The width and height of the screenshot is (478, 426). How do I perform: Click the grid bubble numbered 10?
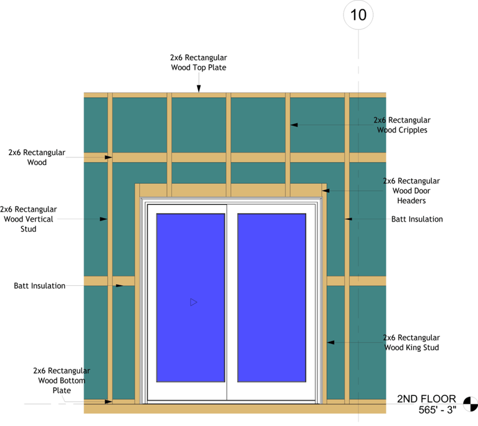(x=358, y=14)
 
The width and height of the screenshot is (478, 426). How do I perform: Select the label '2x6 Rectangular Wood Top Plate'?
(x=199, y=62)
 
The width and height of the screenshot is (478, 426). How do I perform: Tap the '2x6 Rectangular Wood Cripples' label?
(x=401, y=125)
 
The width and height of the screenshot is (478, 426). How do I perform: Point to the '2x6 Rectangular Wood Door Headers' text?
(x=411, y=191)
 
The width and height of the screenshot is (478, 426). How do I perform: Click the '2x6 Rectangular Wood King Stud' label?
(x=411, y=343)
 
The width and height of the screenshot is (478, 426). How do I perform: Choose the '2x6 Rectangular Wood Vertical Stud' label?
(x=29, y=219)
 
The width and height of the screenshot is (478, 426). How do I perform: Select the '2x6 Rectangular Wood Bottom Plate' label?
(x=62, y=381)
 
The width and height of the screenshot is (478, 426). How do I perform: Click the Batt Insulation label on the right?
(x=417, y=219)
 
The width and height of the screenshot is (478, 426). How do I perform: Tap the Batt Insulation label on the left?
(x=40, y=286)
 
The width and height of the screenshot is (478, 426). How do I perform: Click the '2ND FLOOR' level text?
(x=426, y=399)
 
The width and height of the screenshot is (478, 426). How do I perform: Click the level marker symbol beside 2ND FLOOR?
(x=471, y=404)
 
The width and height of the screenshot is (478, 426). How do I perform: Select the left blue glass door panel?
(x=190, y=297)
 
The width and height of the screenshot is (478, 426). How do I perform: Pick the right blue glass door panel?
(x=272, y=297)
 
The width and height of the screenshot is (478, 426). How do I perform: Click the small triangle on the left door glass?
(x=194, y=302)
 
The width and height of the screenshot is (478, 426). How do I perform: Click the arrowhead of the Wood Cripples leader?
(x=295, y=125)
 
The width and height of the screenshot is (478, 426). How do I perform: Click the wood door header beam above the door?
(x=230, y=191)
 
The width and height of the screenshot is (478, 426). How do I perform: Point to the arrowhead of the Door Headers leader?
(x=325, y=191)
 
